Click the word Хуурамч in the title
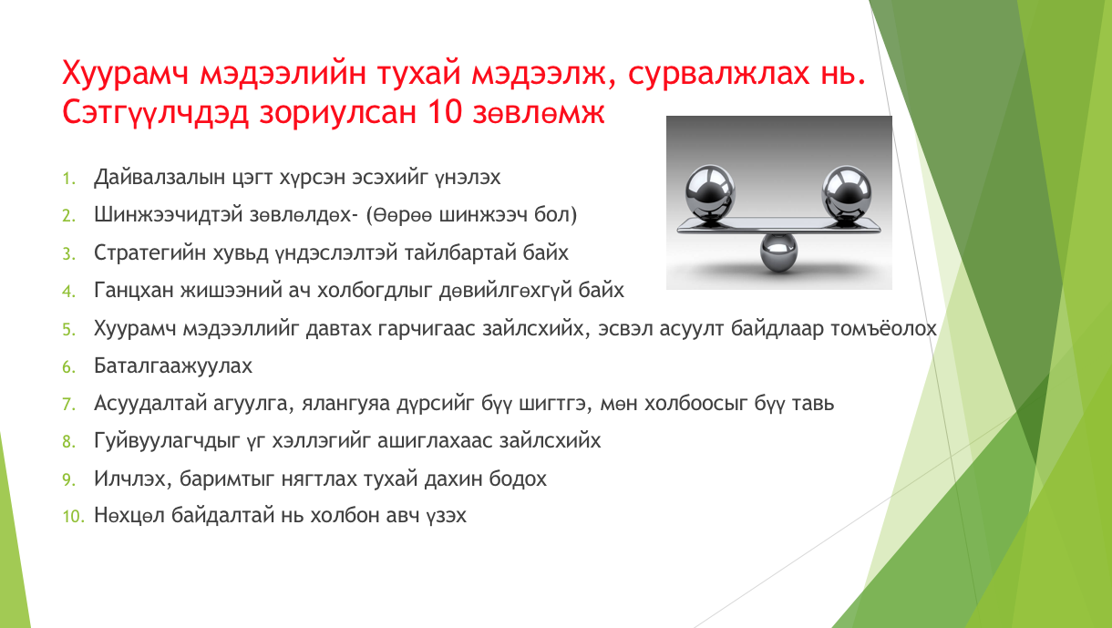pos(126,74)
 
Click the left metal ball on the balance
pos(710,192)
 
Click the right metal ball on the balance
pos(847,192)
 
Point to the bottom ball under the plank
pos(778,252)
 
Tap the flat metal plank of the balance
pos(778,226)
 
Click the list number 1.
pos(69,179)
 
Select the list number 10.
pos(74,516)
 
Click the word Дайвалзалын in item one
pos(160,177)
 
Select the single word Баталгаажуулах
pos(173,366)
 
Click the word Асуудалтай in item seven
pos(149,403)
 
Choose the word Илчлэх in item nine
pos(132,479)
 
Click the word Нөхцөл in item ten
pos(129,516)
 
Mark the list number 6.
pos(69,367)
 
